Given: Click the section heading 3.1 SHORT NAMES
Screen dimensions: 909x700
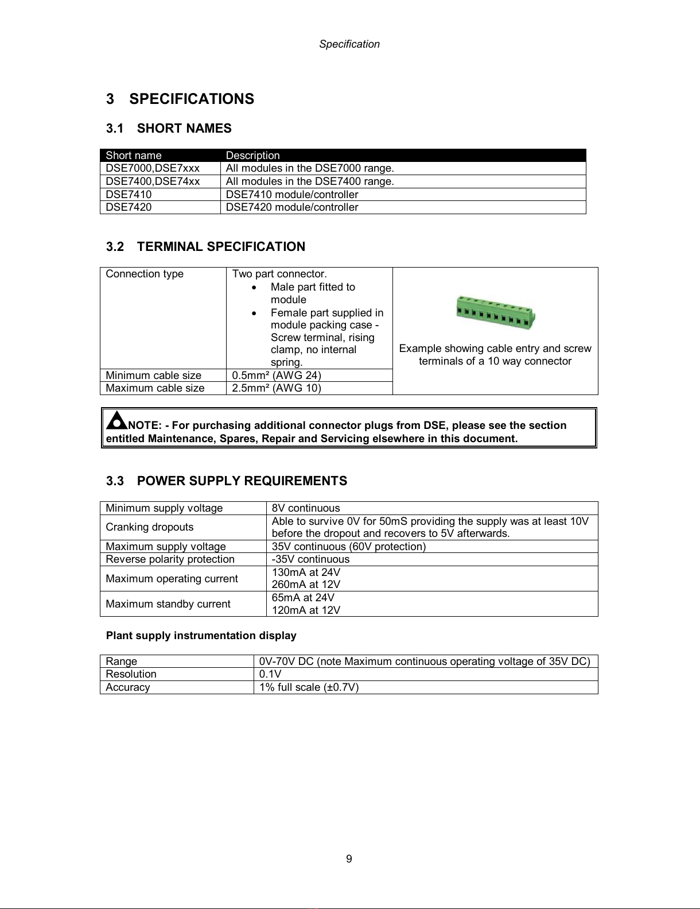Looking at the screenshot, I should [169, 129].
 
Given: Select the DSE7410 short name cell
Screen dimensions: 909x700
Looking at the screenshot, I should [129, 194].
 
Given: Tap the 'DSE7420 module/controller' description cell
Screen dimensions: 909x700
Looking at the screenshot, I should [291, 207].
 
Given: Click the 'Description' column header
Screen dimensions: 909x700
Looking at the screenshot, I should [252, 156].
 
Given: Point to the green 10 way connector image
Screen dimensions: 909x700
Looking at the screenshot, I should [496, 314].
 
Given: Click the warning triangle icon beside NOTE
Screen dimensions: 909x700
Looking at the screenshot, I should [116, 422].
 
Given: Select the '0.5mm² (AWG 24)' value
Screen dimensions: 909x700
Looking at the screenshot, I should [276, 376].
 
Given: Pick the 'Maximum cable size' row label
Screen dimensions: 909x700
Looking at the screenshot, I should [155, 388].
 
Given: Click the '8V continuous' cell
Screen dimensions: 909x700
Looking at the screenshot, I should [305, 508].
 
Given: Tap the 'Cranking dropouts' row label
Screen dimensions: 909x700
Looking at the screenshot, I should [149, 527].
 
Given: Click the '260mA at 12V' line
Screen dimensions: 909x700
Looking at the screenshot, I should [305, 585].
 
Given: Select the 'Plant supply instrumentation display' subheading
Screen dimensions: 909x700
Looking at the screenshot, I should [201, 636].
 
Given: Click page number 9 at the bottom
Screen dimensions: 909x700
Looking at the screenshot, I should [349, 859].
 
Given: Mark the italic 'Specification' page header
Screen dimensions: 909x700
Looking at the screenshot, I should [349, 44].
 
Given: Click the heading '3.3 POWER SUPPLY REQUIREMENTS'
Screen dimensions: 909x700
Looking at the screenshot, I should [227, 481].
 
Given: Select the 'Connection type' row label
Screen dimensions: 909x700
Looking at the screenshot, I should [145, 274].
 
